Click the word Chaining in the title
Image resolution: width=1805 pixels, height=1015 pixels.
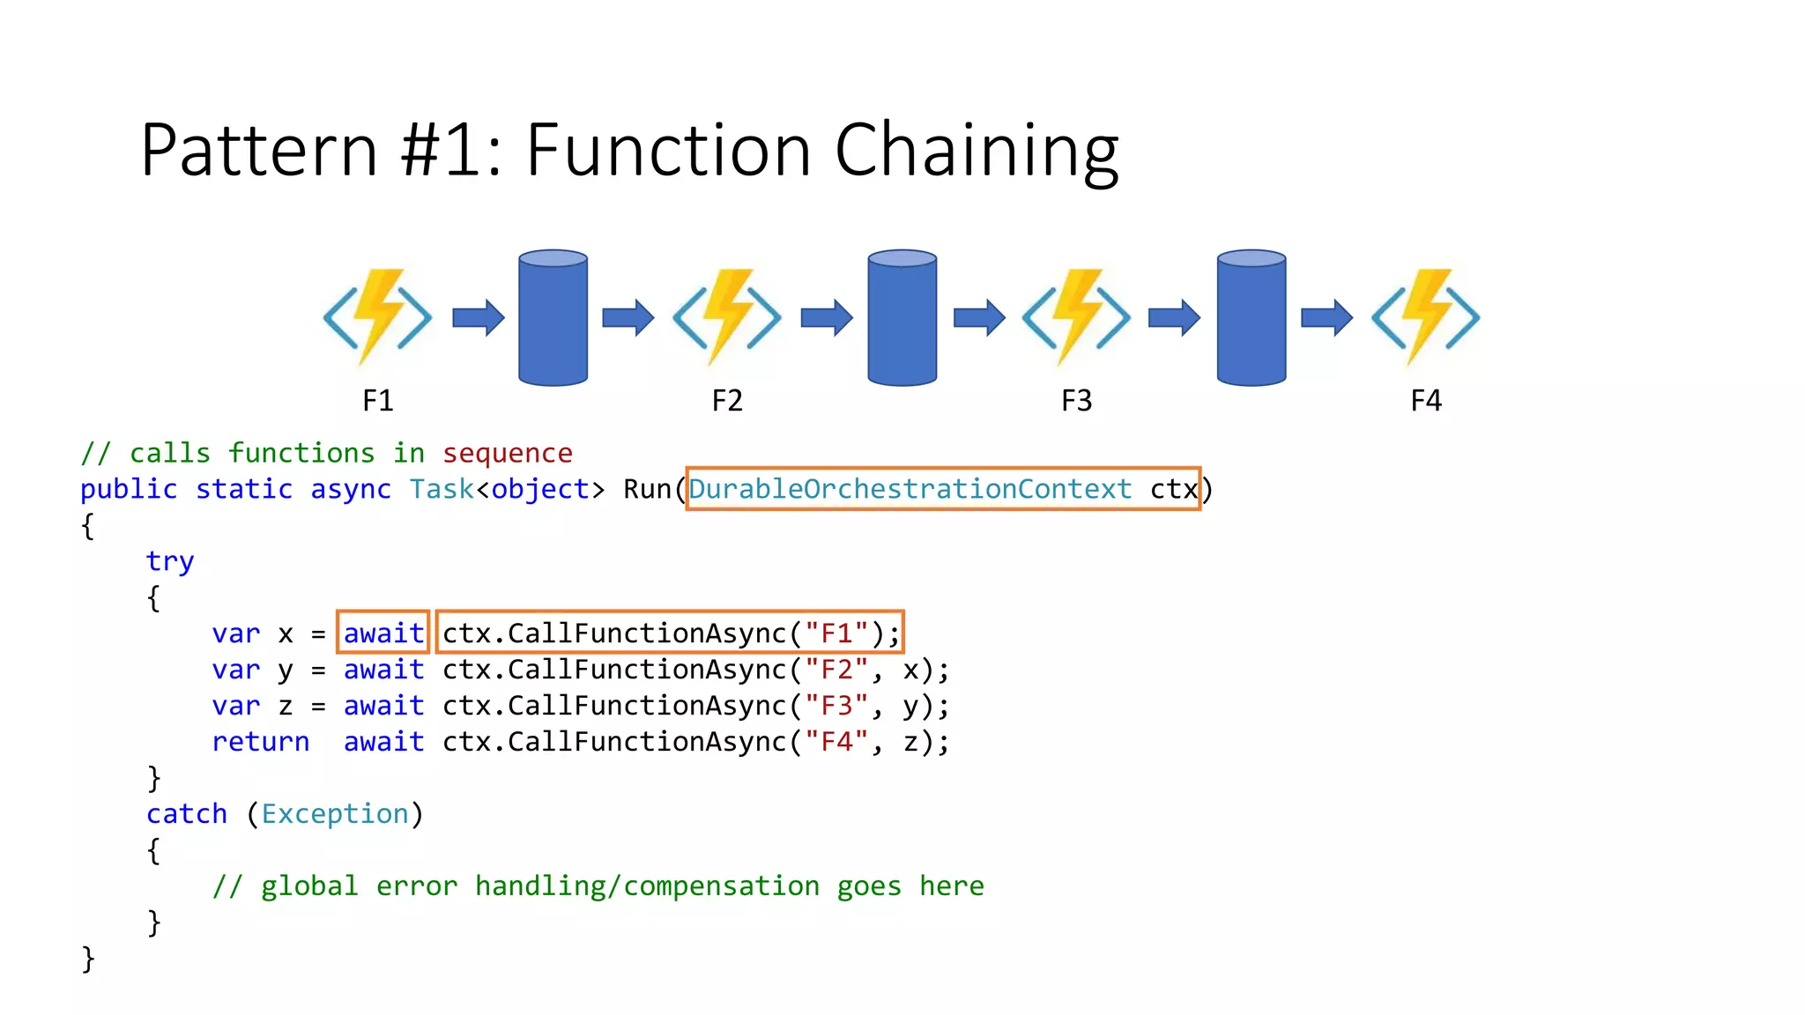pos(976,152)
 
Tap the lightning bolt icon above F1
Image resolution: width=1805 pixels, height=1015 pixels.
pos(378,317)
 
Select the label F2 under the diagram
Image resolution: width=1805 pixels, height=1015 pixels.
pos(727,401)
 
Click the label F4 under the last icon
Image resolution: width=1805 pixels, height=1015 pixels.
pos(1425,401)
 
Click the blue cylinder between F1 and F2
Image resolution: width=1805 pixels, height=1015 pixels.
pos(553,318)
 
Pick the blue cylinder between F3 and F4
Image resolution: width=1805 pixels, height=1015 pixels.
pos(1251,318)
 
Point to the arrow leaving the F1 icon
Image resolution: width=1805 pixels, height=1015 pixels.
pos(478,318)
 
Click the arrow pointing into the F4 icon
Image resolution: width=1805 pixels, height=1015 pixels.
pos(1326,318)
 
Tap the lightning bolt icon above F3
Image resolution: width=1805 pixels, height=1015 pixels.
pos(1076,317)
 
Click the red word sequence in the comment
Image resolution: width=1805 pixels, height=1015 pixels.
pos(507,453)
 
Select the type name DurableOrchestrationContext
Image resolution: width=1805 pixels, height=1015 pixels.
pos(910,489)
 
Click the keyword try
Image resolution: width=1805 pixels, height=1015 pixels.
pos(169,561)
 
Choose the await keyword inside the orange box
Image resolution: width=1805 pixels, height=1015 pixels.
pos(383,633)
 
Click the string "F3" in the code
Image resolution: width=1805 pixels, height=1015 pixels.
pos(836,706)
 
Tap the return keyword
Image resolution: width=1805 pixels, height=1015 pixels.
pos(260,742)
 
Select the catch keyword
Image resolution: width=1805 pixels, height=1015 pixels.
pos(187,814)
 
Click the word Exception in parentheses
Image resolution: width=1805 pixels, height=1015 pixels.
pos(335,814)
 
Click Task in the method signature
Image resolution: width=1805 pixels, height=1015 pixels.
pos(441,489)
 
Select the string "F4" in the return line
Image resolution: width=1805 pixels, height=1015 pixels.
pos(836,742)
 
